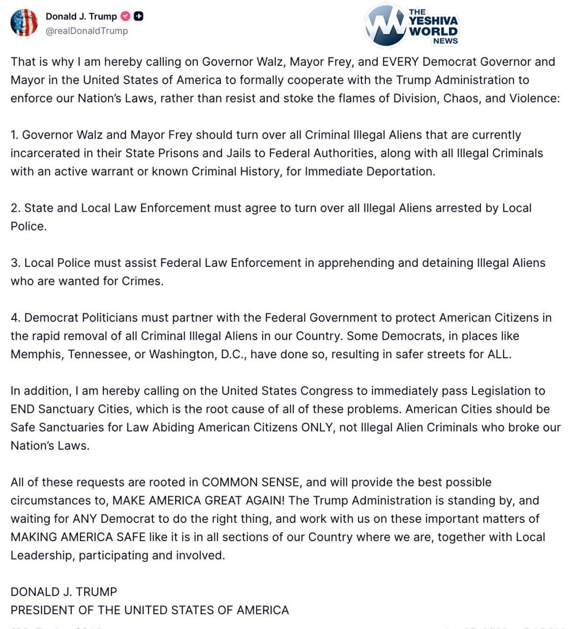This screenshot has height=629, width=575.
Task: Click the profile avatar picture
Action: point(24,23)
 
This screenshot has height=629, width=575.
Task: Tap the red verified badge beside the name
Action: point(125,16)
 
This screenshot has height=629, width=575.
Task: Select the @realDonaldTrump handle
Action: point(87,30)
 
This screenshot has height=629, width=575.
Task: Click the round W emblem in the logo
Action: point(385,26)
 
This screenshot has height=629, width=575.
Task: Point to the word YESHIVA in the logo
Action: point(433,21)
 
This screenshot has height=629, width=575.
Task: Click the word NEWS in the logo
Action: point(445,41)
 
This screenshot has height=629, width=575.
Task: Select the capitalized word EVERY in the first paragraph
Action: point(400,62)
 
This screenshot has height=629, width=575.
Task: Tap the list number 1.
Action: point(14,135)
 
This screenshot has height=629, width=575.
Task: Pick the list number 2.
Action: point(15,208)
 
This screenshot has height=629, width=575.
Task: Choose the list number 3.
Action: point(15,263)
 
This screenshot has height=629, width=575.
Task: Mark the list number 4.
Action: point(15,318)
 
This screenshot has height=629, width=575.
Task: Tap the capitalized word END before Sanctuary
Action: point(23,409)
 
